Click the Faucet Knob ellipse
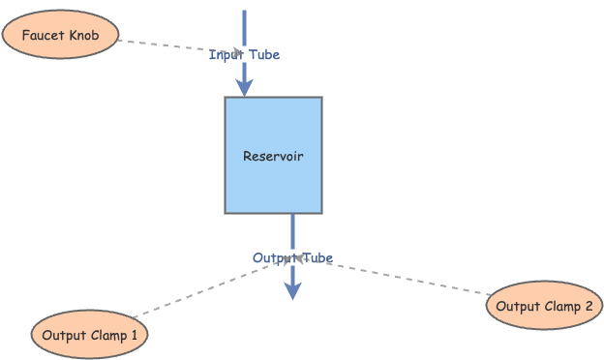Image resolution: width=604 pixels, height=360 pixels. pyautogui.click(x=60, y=37)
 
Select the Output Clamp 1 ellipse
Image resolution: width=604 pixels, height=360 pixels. pyautogui.click(x=91, y=335)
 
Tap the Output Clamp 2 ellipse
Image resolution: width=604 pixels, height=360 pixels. pyautogui.click(x=544, y=307)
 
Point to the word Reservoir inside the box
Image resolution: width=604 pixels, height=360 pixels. pyautogui.click(x=273, y=156)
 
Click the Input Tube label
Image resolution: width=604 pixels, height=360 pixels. pyautogui.click(x=244, y=55)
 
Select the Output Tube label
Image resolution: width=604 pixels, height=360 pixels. pyautogui.click(x=292, y=258)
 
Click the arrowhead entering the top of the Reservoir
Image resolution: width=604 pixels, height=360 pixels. pyautogui.click(x=244, y=87)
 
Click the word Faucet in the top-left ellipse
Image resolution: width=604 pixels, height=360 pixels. pyautogui.click(x=42, y=37)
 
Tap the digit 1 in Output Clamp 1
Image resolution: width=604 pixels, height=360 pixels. pyautogui.click(x=134, y=335)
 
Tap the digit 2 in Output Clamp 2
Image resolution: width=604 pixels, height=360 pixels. pyautogui.click(x=588, y=307)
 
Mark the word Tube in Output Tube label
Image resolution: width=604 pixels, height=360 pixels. pyautogui.click(x=317, y=258)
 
